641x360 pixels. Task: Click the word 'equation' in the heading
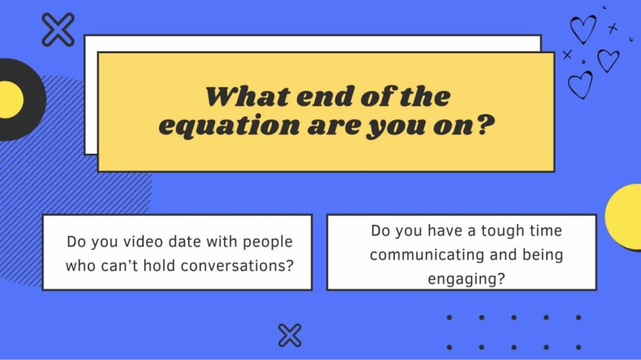click(x=229, y=127)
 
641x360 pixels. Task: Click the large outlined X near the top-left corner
click(x=58, y=30)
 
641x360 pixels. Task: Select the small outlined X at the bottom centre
click(x=290, y=336)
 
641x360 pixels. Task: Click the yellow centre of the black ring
click(x=10, y=100)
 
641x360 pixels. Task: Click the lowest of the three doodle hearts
click(x=580, y=84)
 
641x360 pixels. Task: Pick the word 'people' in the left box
click(x=268, y=242)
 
